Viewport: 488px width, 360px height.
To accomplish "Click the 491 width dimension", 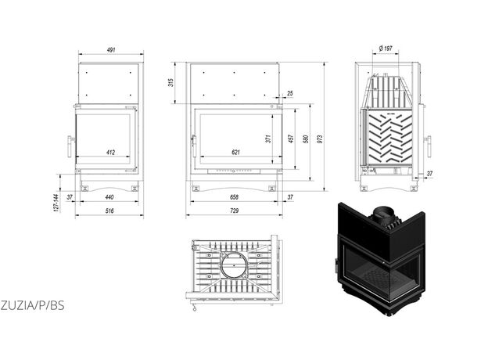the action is click(111, 50).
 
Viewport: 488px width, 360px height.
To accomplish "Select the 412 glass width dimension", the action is click(110, 153).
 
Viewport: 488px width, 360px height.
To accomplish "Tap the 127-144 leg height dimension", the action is click(56, 203).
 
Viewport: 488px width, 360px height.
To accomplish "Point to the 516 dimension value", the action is click(109, 211).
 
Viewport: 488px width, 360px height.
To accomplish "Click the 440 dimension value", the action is click(109, 197).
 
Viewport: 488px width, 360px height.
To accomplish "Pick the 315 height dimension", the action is click(170, 82).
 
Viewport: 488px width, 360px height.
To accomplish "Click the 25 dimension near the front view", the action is click(290, 93).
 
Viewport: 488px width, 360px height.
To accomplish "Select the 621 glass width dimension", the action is click(236, 153).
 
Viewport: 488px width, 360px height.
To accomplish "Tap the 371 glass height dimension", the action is click(268, 139).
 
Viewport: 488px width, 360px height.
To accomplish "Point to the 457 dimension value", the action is click(291, 139).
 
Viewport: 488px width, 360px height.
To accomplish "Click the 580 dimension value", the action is click(306, 139).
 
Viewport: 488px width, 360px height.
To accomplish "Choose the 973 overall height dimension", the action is click(321, 139).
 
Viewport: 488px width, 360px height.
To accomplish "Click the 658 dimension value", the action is click(234, 197).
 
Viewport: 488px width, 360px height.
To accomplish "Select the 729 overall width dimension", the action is click(234, 211).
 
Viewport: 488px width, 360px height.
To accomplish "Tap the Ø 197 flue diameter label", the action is click(386, 49).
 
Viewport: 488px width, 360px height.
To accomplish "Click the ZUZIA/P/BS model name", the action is click(32, 305).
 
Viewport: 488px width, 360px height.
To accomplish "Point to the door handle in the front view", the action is click(194, 146).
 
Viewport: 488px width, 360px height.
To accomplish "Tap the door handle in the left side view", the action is click(70, 146).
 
